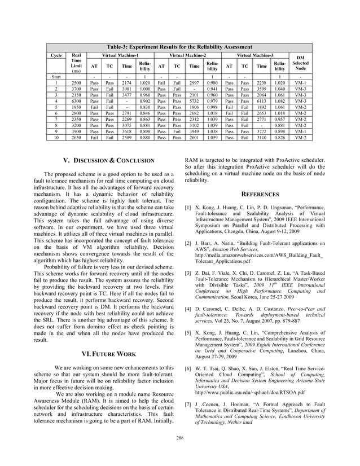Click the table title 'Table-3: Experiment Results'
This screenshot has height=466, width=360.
[179, 46]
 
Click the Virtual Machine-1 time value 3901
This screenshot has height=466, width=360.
[127, 89]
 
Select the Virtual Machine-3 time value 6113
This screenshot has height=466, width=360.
[261, 101]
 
